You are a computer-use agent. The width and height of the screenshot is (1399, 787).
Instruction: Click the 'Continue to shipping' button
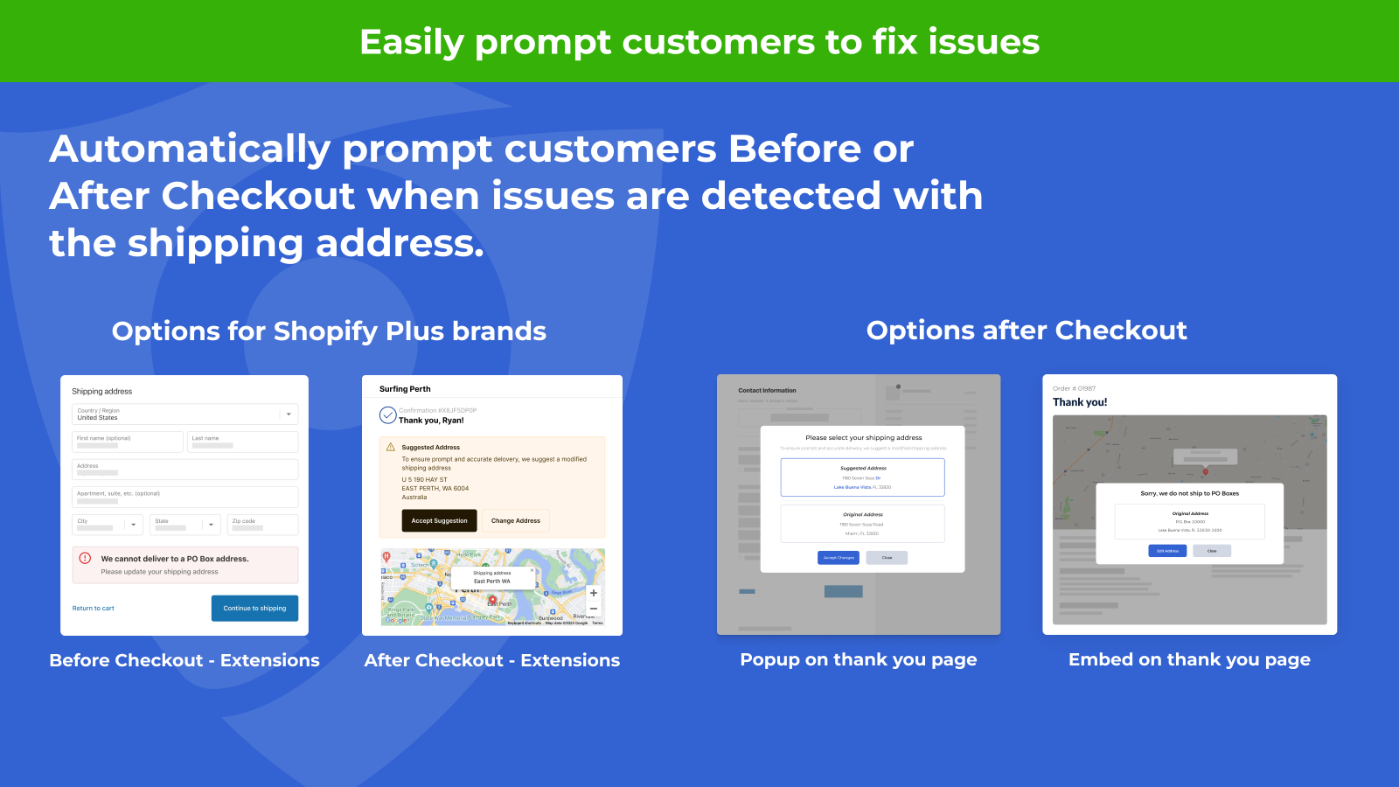coord(254,608)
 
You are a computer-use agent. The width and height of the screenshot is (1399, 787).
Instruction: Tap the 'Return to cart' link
coord(93,608)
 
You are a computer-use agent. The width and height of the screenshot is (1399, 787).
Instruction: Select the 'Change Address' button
coord(515,520)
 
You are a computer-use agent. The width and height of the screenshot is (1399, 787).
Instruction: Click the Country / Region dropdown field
coord(184,414)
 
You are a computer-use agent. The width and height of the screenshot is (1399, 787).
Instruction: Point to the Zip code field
coord(262,525)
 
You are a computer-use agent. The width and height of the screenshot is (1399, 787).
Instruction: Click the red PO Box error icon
coord(85,558)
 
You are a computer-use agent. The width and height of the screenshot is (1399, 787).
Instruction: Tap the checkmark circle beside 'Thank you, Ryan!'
coord(387,415)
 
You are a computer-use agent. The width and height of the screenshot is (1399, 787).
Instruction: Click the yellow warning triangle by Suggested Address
coord(391,447)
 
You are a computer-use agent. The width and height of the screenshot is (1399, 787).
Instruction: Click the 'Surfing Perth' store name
coord(405,389)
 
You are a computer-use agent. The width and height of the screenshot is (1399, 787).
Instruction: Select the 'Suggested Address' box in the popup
coord(862,477)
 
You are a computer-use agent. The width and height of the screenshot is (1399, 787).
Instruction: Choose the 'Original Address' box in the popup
coord(862,524)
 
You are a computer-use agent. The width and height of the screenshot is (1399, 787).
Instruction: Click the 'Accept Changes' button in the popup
coord(838,558)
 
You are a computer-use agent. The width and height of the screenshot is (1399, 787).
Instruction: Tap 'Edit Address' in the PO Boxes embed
coord(1167,551)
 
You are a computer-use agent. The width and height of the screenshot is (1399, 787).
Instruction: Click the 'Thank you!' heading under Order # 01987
coord(1080,402)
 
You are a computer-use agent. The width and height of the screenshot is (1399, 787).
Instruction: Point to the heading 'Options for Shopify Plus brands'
coord(329,331)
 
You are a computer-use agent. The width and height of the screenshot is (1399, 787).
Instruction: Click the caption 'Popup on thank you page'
coord(858,659)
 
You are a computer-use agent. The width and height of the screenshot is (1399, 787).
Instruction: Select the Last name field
coord(242,442)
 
